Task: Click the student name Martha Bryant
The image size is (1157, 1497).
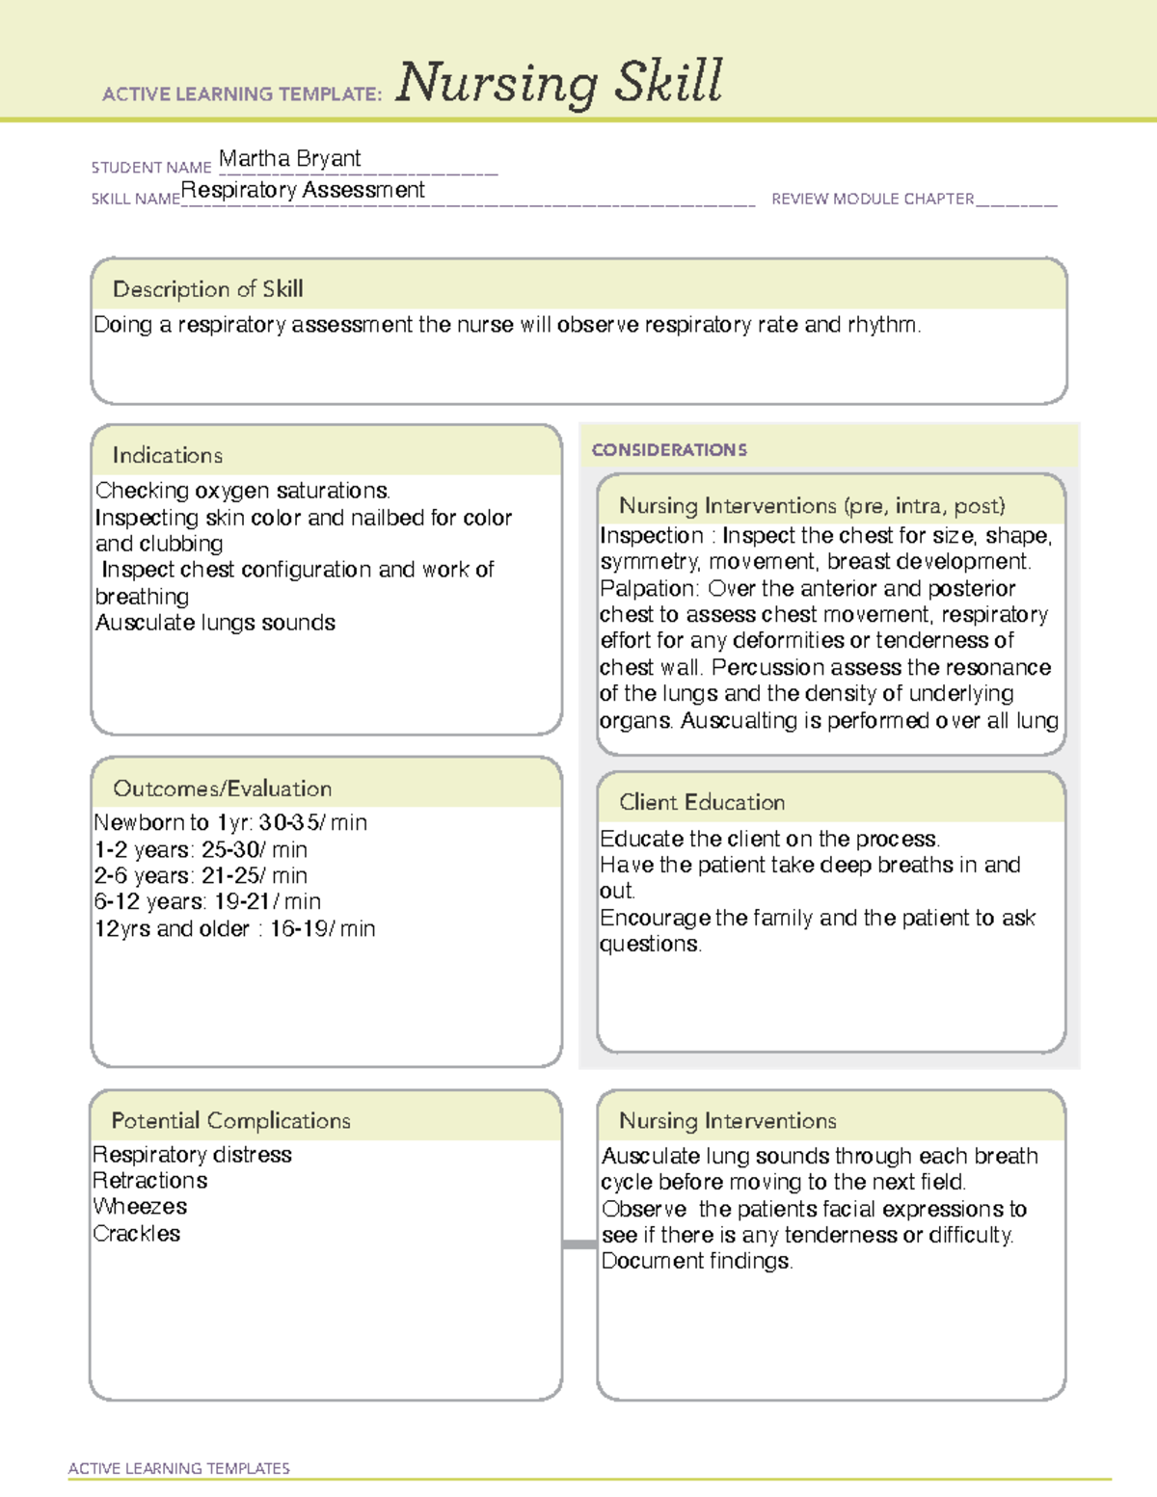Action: (289, 158)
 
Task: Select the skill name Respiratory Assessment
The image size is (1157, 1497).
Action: (303, 190)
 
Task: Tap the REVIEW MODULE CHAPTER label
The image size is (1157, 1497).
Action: (873, 199)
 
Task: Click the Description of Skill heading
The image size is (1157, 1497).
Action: (208, 289)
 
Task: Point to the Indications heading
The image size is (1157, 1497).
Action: (168, 455)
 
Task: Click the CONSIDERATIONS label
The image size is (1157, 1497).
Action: (669, 450)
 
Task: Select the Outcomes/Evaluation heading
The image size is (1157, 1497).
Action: (223, 789)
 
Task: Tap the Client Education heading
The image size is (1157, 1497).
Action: (702, 802)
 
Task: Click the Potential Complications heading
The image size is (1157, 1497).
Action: (231, 1120)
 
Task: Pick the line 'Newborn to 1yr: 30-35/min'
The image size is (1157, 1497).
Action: (230, 823)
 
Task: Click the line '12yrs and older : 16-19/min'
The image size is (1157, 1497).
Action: (234, 929)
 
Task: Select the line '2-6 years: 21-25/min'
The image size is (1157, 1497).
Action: (201, 876)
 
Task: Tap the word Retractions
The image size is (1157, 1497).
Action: (150, 1181)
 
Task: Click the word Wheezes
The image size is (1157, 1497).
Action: (141, 1207)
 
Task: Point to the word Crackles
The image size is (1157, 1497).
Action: (137, 1234)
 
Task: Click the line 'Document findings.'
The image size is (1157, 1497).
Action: (697, 1261)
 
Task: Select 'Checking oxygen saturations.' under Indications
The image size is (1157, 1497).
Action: (243, 491)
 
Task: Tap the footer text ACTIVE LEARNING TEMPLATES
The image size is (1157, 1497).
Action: (179, 1468)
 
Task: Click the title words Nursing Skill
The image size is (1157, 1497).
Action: (559, 83)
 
